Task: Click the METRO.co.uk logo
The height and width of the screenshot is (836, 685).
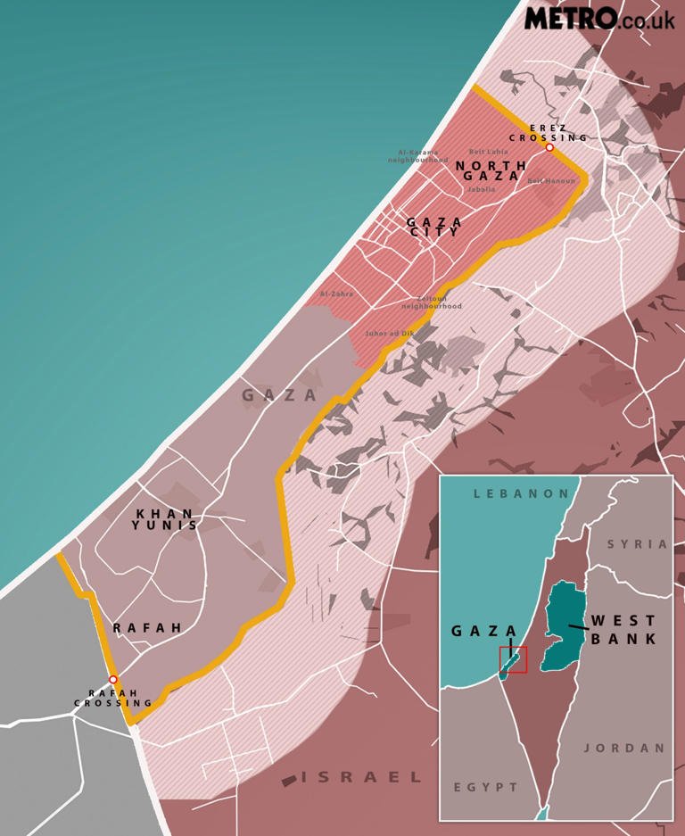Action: (x=599, y=18)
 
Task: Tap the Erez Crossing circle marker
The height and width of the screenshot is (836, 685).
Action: (x=549, y=147)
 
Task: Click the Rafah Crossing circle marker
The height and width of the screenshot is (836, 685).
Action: (x=113, y=680)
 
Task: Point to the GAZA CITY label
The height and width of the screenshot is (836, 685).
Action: (x=434, y=228)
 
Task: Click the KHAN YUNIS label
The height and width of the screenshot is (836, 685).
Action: (x=164, y=519)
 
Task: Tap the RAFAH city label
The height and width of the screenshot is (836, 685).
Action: (x=147, y=628)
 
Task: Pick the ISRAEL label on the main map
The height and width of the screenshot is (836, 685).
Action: (x=361, y=777)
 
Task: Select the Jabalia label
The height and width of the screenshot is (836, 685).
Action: (x=481, y=190)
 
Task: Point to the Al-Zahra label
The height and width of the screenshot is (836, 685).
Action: (x=336, y=294)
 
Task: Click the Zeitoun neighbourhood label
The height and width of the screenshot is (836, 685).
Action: (x=432, y=302)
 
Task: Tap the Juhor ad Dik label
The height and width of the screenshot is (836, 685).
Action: (x=390, y=334)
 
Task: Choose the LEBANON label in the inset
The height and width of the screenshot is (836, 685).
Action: (x=521, y=493)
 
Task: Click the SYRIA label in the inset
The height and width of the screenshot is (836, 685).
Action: (x=638, y=544)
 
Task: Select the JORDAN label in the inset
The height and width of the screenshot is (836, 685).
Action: (x=625, y=749)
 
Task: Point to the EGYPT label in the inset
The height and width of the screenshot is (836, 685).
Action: (x=486, y=788)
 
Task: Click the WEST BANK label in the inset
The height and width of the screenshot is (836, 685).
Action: (x=623, y=630)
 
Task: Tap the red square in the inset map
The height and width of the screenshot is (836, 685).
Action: (x=513, y=660)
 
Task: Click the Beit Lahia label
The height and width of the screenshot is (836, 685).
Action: (x=489, y=153)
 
